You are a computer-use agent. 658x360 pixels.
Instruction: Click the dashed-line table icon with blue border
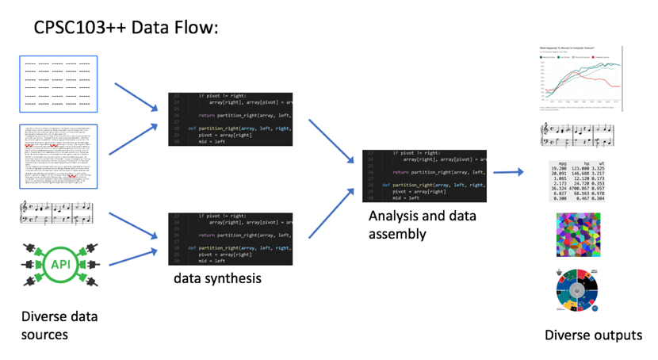pos(58,84)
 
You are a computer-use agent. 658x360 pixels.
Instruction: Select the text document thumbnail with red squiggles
pos(58,155)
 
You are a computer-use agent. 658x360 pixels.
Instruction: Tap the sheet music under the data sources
pos(57,213)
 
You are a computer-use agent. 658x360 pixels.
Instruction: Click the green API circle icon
pos(61,264)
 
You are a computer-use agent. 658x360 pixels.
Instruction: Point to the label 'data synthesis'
pos(217,278)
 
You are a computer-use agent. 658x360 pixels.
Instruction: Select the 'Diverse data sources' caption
pos(59,326)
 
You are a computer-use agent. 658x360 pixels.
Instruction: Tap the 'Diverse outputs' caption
pos(593,335)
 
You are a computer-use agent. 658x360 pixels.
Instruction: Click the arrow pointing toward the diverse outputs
pos(507,172)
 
